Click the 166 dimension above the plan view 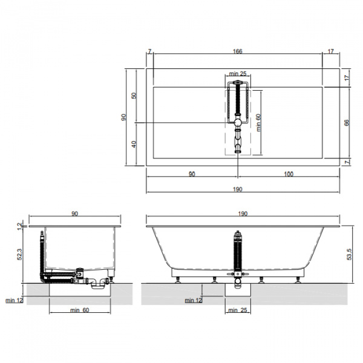pos(238,51)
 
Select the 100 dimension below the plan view pos(289,174)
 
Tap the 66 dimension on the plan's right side pos(347,123)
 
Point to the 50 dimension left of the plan pos(134,96)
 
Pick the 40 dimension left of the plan pos(134,144)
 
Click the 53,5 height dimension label pos(349,254)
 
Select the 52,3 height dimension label pos(20,254)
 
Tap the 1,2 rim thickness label pos(20,226)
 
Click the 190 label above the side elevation pos(243,214)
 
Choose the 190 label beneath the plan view pos(238,189)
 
